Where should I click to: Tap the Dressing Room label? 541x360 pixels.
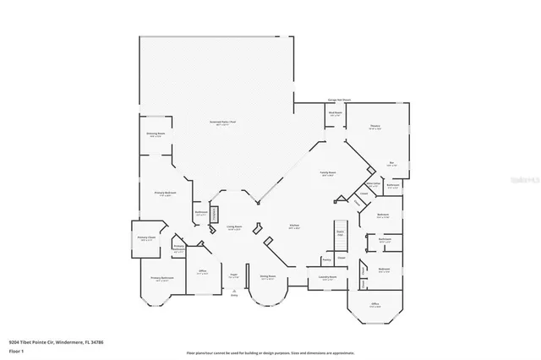(x=156, y=134)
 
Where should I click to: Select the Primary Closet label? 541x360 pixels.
(x=146, y=238)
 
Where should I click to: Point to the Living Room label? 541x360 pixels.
(x=234, y=227)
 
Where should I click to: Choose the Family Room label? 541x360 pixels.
(x=328, y=173)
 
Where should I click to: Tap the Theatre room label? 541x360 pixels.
(x=374, y=128)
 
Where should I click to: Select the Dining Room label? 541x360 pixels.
(x=267, y=277)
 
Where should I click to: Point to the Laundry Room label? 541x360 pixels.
(x=327, y=277)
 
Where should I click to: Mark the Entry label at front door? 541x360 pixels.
(x=234, y=296)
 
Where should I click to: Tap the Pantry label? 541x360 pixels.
(x=325, y=260)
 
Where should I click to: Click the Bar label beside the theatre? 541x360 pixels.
(x=392, y=163)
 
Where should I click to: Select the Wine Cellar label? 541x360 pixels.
(x=372, y=183)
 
